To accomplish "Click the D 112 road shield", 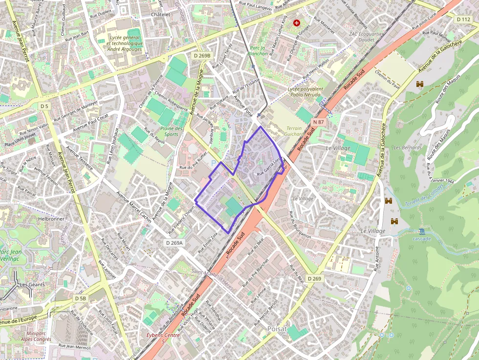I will coord(463,19).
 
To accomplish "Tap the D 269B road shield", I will coord(202,56).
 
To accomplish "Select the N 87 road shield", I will coord(318,122).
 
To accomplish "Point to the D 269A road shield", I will coord(174,243).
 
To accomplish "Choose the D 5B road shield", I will coord(81,298).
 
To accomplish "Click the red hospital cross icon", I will coord(296,22).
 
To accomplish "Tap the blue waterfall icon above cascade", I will coord(421,231).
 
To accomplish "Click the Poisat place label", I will coord(277,329).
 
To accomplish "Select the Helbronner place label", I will coord(51,219).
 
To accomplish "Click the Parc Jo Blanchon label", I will coord(259,51).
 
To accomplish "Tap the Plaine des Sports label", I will coord(172,131).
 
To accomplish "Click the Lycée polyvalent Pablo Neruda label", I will coord(306,92).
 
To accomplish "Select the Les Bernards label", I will coord(404,147).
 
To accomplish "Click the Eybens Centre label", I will coord(163,335).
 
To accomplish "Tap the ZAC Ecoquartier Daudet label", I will coord(367,37).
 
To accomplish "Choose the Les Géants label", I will coord(32,284).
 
